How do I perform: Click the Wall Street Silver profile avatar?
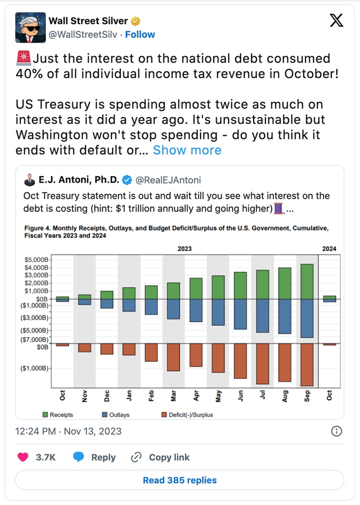click(30, 28)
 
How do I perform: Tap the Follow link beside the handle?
click(141, 35)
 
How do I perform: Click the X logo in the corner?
click(336, 21)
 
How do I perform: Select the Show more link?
click(187, 150)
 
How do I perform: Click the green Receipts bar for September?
click(306, 281)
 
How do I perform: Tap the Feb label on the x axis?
click(151, 396)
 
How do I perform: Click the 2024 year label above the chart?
click(329, 249)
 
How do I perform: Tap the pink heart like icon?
click(23, 457)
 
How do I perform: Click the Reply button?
click(95, 457)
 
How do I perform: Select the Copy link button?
click(161, 457)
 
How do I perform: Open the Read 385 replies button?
click(179, 480)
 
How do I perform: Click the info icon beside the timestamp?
click(336, 431)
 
